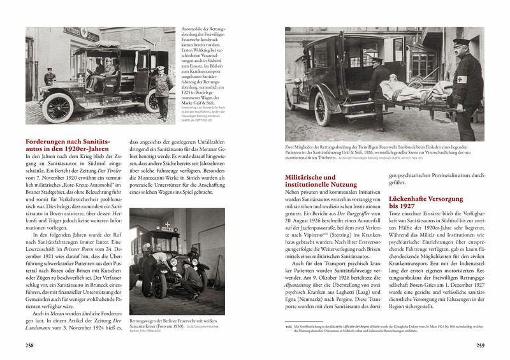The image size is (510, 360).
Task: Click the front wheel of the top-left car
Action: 60,108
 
